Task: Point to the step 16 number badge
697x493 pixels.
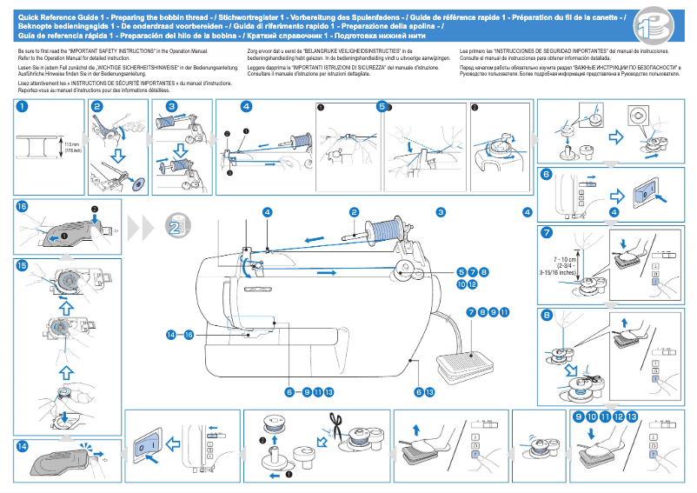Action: [x=22, y=206]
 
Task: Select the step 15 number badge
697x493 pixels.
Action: [x=22, y=264]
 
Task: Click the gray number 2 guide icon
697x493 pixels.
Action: [x=172, y=229]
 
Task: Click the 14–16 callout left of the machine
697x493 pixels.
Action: [x=179, y=334]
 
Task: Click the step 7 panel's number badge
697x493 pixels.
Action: [x=546, y=233]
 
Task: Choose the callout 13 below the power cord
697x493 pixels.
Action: [x=428, y=392]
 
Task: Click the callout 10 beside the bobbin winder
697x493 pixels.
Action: [x=460, y=283]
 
